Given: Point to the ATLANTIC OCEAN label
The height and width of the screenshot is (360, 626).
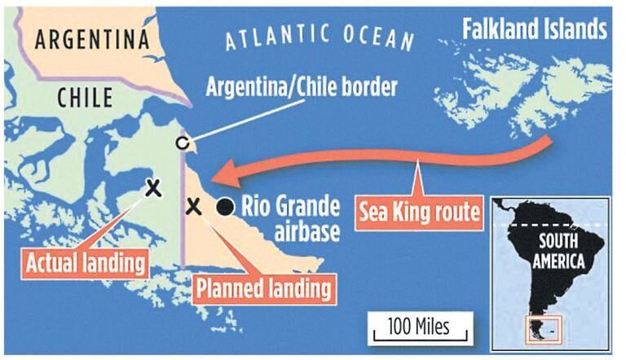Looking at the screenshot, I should tap(319, 36).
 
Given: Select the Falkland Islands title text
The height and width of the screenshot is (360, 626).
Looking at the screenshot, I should tap(535, 30).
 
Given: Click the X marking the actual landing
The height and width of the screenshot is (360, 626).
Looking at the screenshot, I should tap(152, 188).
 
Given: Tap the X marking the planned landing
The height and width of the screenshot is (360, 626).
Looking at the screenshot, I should tap(193, 206).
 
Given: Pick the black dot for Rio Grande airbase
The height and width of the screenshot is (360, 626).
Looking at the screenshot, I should tap(223, 207).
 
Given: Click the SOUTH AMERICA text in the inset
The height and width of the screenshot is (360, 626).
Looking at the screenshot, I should tap(558, 252).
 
